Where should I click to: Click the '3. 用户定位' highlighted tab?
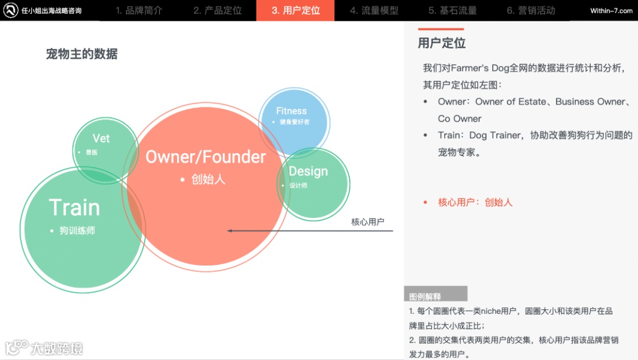[x=295, y=11]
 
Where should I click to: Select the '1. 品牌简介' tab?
[x=139, y=11]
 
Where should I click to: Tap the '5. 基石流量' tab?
[x=453, y=11]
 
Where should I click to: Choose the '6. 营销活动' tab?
[x=530, y=11]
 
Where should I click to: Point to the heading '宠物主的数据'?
[x=82, y=54]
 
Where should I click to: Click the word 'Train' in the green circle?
[x=74, y=207]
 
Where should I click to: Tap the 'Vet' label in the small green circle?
[x=101, y=138]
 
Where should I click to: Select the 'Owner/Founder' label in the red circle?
[x=206, y=157]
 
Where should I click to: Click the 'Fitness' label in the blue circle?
[x=291, y=111]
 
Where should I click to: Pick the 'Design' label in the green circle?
[x=308, y=171]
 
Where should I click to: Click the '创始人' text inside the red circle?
[x=208, y=179]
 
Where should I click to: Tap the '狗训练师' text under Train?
[x=77, y=231]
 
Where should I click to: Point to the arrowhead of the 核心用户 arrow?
[x=230, y=231]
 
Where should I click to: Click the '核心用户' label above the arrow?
[x=367, y=222]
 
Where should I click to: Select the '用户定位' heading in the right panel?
[x=441, y=43]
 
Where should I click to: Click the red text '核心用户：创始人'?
[x=474, y=202]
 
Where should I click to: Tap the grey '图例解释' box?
[x=435, y=296]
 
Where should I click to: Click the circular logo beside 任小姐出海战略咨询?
[x=11, y=11]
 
